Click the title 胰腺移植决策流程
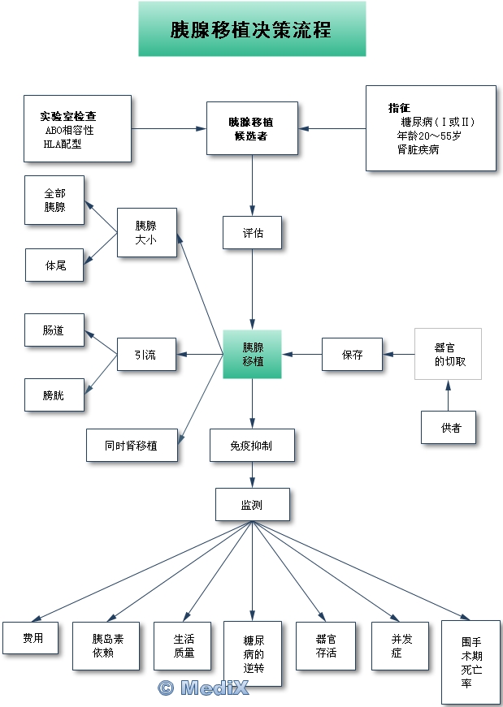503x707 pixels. pyautogui.click(x=251, y=29)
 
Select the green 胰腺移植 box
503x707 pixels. pyautogui.click(x=252, y=354)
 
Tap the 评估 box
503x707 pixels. pyautogui.click(x=252, y=232)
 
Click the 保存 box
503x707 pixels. pyautogui.click(x=352, y=355)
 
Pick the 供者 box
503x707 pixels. pyautogui.click(x=448, y=428)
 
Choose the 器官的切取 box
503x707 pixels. pyautogui.click(x=448, y=354)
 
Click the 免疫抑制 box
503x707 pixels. pyautogui.click(x=252, y=445)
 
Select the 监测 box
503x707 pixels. pyautogui.click(x=252, y=504)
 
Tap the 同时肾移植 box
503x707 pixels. pyautogui.click(x=132, y=445)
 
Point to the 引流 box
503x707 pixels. pyautogui.click(x=146, y=354)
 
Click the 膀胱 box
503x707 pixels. pyautogui.click(x=54, y=395)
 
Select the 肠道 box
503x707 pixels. pyautogui.click(x=54, y=330)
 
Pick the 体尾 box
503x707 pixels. pyautogui.click(x=54, y=265)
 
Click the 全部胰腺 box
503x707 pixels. pyautogui.click(x=54, y=200)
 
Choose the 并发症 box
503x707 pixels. pyautogui.click(x=400, y=646)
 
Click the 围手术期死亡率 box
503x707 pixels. pyautogui.click(x=470, y=662)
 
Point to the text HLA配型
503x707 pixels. pyautogui.click(x=63, y=144)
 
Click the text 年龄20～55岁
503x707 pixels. pyautogui.click(x=428, y=136)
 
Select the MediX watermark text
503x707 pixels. pyautogui.click(x=203, y=688)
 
